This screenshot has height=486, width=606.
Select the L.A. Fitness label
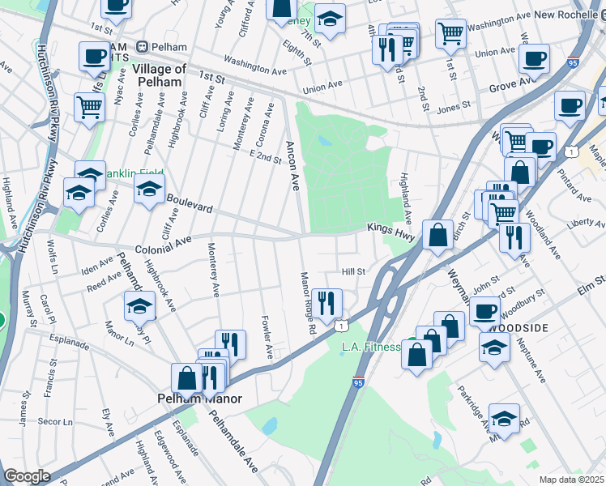pyautogui.click(x=372, y=347)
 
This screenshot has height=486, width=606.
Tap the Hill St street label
pyautogui.click(x=354, y=272)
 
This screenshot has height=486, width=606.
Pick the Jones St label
pyautogui.click(x=454, y=106)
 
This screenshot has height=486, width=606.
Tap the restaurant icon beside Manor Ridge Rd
pyautogui.click(x=326, y=303)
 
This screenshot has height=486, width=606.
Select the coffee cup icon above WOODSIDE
pyautogui.click(x=485, y=309)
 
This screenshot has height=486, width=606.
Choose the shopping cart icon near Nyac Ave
pyautogui.click(x=89, y=106)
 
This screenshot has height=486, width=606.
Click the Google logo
pyautogui.click(x=27, y=476)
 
